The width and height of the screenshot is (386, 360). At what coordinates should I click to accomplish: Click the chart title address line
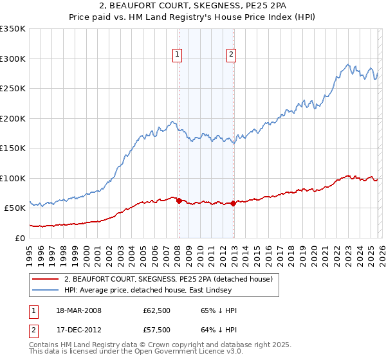pyautogui.click(x=193, y=6)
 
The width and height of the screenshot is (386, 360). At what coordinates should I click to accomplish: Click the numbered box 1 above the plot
pyautogui.click(x=177, y=55)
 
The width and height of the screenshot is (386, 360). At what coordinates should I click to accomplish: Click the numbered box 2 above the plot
pyautogui.click(x=230, y=55)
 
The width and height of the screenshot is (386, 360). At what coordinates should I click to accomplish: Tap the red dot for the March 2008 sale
pyautogui.click(x=179, y=201)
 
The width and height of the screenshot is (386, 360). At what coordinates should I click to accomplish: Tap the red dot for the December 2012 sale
pyautogui.click(x=233, y=203)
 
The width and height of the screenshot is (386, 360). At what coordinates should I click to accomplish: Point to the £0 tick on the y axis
pyautogui.click(x=20, y=238)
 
